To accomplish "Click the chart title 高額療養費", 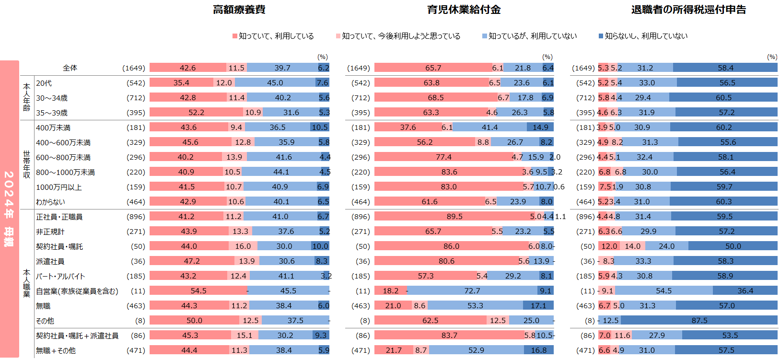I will pyautogui.click(x=239, y=10).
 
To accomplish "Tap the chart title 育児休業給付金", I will pyautogui.click(x=464, y=10).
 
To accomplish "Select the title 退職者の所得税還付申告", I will pyautogui.click(x=688, y=10).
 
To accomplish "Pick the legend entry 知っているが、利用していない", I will pyautogui.click(x=532, y=36).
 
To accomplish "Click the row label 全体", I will pyautogui.click(x=70, y=68).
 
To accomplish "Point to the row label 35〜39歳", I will pyautogui.click(x=52, y=113).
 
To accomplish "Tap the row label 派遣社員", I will pyautogui.click(x=50, y=261).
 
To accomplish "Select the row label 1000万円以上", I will pyautogui.click(x=59, y=187).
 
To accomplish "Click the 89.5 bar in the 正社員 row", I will pyautogui.click(x=454, y=217).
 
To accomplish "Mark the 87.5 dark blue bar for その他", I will pyautogui.click(x=699, y=321).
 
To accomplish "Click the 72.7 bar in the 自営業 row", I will pyautogui.click(x=472, y=291).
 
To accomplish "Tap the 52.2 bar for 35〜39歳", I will pyautogui.click(x=196, y=113).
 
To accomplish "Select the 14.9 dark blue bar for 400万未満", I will pyautogui.click(x=540, y=128).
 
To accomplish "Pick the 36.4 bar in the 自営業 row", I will pyautogui.click(x=745, y=291).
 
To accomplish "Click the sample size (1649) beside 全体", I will pyautogui.click(x=133, y=68).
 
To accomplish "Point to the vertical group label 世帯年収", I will pyautogui.click(x=26, y=164).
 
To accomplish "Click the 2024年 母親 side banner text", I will pyautogui.click(x=9, y=209).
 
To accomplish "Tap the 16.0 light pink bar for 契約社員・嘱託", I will pyautogui.click(x=243, y=246).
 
